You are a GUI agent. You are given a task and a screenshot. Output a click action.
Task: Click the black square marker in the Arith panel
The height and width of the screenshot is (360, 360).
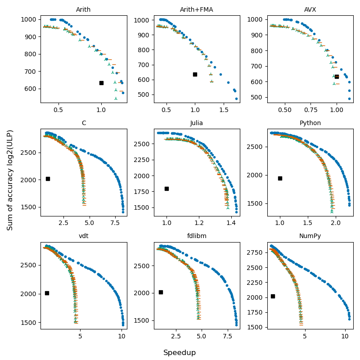click(x=101, y=83)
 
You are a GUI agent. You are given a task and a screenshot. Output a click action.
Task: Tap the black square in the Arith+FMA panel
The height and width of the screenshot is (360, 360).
click(x=195, y=74)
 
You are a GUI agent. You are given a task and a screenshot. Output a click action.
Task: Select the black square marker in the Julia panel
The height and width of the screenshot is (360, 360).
click(x=166, y=189)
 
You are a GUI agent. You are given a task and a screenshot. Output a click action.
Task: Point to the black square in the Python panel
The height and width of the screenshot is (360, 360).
click(x=280, y=178)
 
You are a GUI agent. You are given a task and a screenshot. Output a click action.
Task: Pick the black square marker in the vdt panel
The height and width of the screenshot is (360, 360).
click(x=47, y=293)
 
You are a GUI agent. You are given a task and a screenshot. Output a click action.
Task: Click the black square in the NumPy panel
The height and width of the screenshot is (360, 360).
click(x=273, y=296)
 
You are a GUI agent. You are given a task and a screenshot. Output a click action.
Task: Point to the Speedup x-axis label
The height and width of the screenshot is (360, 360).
click(x=180, y=353)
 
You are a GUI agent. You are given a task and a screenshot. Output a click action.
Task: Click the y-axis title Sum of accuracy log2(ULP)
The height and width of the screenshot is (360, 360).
click(x=10, y=180)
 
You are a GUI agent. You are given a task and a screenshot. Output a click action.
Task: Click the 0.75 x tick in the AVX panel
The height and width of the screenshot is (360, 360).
click(x=310, y=110)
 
